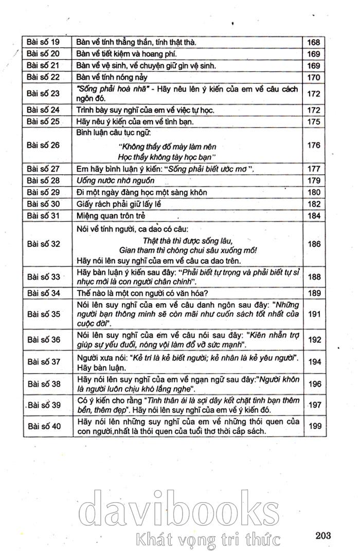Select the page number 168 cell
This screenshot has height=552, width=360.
click(314, 42)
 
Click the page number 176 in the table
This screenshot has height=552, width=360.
click(314, 145)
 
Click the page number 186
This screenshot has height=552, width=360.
click(314, 245)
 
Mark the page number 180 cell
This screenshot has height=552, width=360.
click(314, 192)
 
